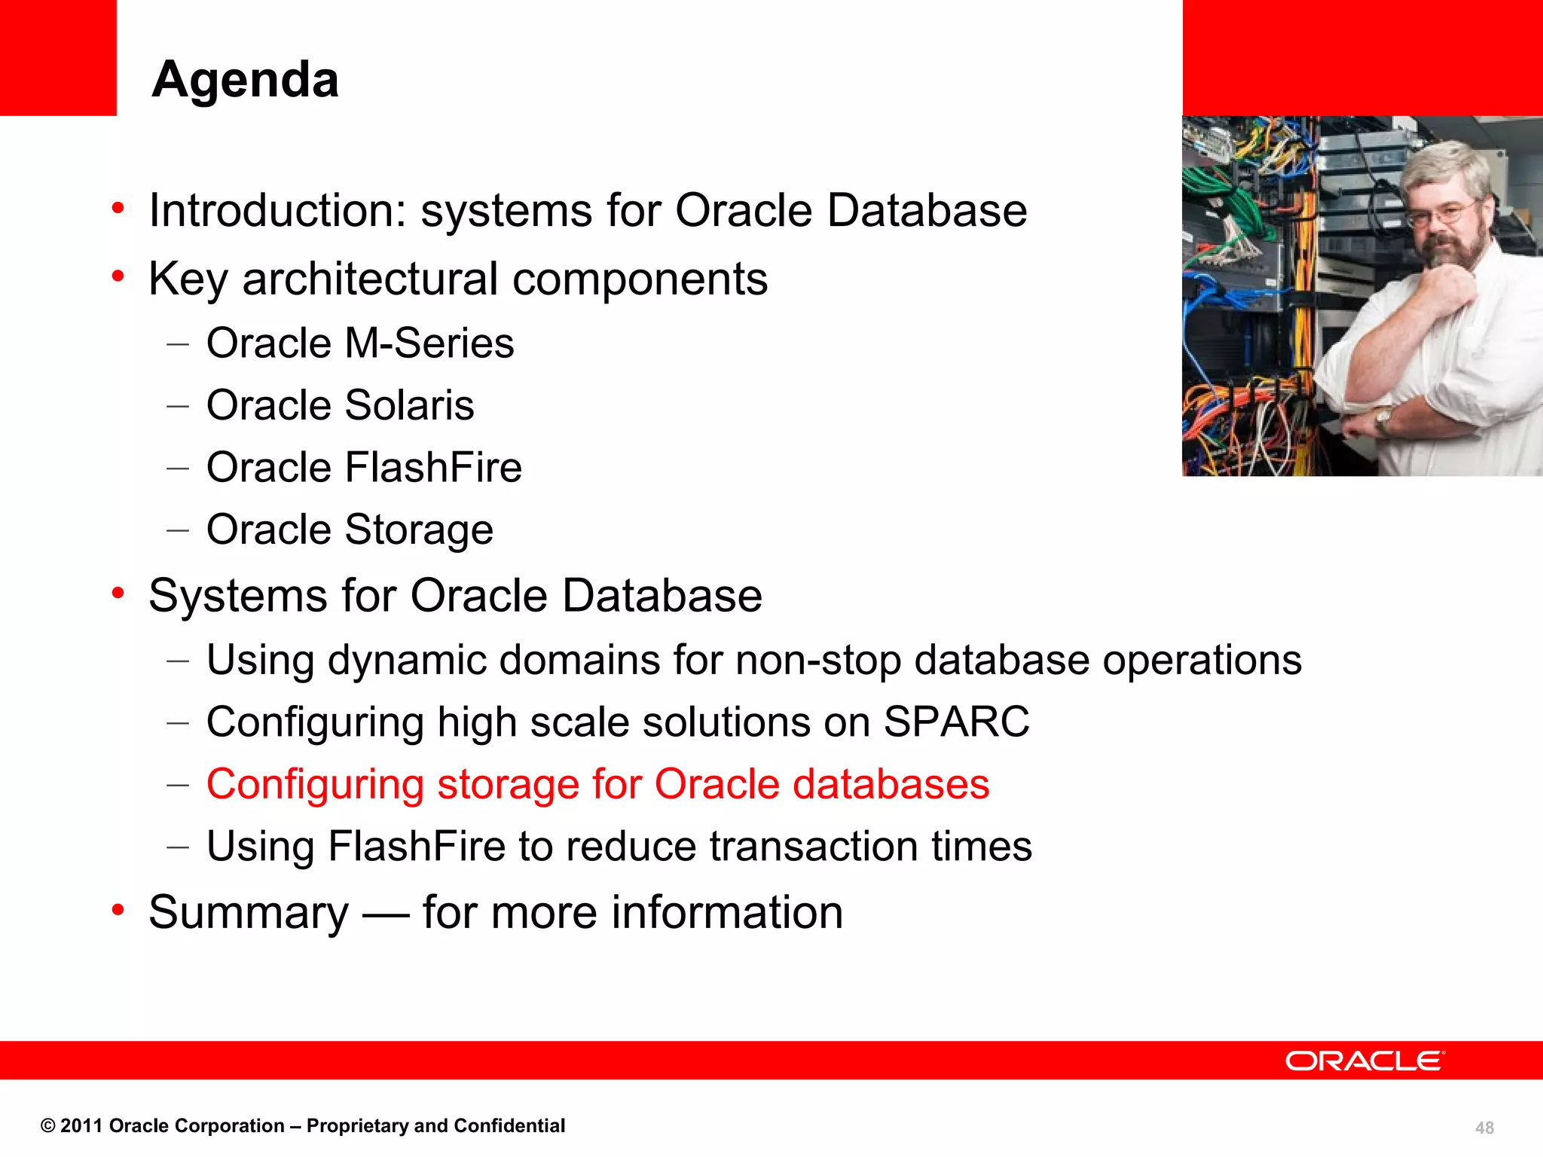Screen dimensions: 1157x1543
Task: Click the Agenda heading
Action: [245, 79]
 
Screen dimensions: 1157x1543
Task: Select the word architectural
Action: [370, 279]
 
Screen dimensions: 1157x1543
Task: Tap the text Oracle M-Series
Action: [360, 343]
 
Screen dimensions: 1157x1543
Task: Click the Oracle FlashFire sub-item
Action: [364, 468]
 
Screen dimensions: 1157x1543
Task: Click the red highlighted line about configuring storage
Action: [597, 784]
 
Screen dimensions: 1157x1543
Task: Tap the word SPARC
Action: [955, 722]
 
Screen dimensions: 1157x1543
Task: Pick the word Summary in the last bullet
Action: [249, 913]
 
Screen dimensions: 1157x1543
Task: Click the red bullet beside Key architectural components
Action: [118, 277]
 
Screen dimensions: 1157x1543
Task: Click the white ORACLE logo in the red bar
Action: [1364, 1061]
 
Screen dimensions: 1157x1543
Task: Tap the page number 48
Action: [1484, 1128]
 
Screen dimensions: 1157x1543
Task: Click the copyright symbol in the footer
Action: [47, 1126]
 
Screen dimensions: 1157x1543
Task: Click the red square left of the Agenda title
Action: [58, 58]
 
